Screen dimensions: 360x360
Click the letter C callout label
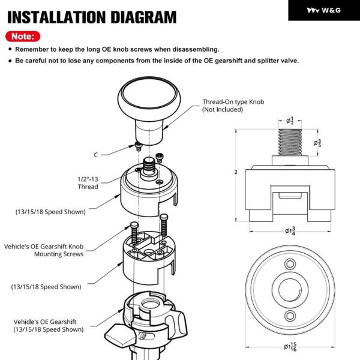click(95, 155)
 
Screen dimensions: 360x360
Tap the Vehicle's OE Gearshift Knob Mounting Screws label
click(44, 250)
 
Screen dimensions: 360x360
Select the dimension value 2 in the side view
click(236, 173)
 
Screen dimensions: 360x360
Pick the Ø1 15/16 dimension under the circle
click(291, 347)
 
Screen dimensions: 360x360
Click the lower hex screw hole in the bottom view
click(290, 317)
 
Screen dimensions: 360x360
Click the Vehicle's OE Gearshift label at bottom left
click(47, 325)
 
